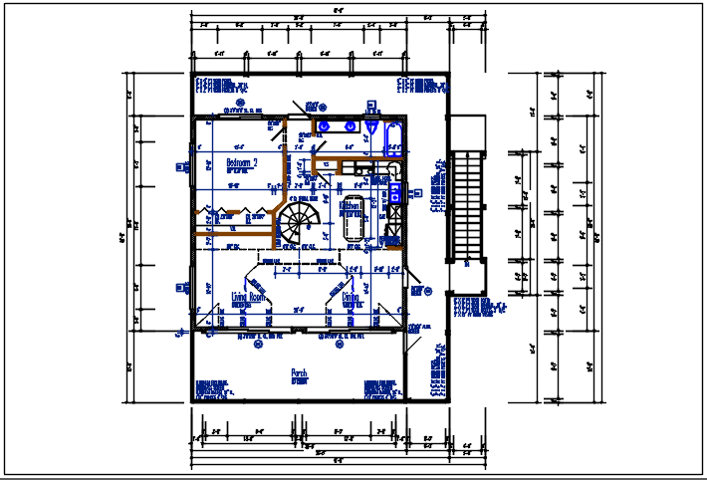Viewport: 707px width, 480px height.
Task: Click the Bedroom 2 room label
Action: [x=242, y=161]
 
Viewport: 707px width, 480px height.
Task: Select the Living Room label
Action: [x=249, y=297]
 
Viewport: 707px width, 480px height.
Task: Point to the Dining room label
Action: [x=352, y=297]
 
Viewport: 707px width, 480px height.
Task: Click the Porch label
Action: [x=299, y=373]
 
